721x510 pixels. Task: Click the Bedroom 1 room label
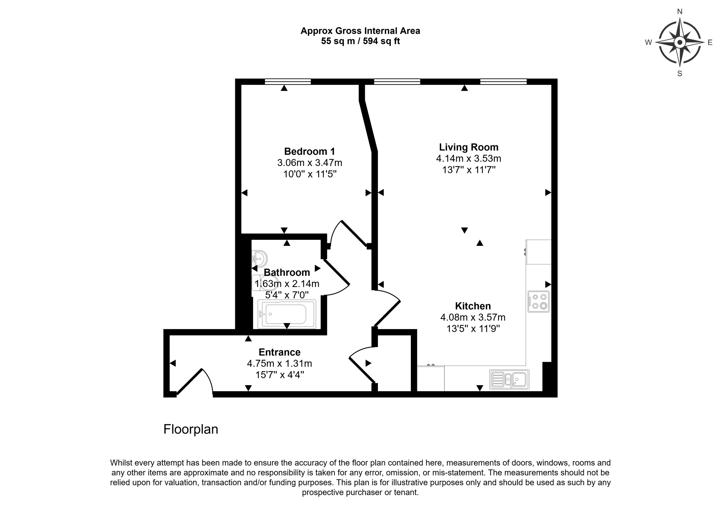pyautogui.click(x=310, y=151)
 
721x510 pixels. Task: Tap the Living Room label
pyautogui.click(x=468, y=147)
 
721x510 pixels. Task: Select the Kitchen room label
pyautogui.click(x=473, y=306)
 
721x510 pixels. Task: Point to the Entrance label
pyautogui.click(x=279, y=352)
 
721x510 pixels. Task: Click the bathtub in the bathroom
pyautogui.click(x=286, y=314)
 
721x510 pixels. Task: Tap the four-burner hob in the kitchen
pyautogui.click(x=538, y=301)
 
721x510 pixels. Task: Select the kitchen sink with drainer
pyautogui.click(x=509, y=379)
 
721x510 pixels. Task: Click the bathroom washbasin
pyautogui.click(x=259, y=258)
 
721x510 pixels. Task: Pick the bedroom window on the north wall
pyautogui.click(x=288, y=82)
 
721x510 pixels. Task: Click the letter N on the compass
pyautogui.click(x=680, y=12)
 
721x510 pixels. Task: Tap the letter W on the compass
pyautogui.click(x=648, y=42)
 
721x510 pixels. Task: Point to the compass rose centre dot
pyautogui.click(x=680, y=42)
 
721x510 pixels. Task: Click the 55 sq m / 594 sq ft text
pyautogui.click(x=360, y=41)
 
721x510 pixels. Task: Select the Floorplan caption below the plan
pyautogui.click(x=191, y=429)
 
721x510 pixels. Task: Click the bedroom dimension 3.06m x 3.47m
pyautogui.click(x=310, y=163)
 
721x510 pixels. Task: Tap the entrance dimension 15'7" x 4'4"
pyautogui.click(x=279, y=375)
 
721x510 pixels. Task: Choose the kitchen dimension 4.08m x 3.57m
pyautogui.click(x=473, y=317)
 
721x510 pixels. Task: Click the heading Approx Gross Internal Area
pyautogui.click(x=360, y=31)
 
